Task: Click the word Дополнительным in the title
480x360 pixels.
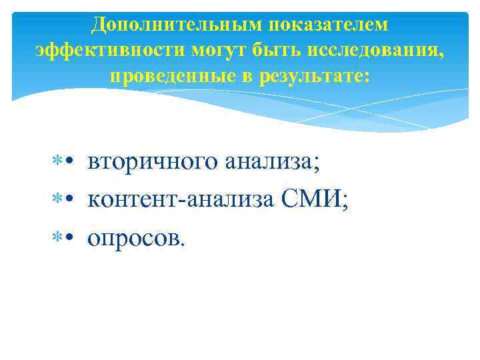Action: click(167, 25)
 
